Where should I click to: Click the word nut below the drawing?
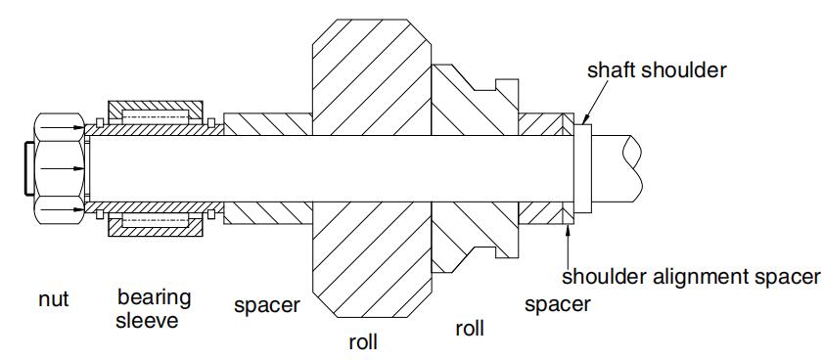tap(53, 299)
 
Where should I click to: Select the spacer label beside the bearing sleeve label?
tap(266, 305)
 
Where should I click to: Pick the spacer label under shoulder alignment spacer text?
tap(558, 303)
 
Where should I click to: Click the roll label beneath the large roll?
tap(364, 343)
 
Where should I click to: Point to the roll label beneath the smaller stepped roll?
tap(469, 328)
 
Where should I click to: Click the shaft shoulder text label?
tap(657, 70)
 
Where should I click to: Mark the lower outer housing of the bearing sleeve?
tap(156, 225)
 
